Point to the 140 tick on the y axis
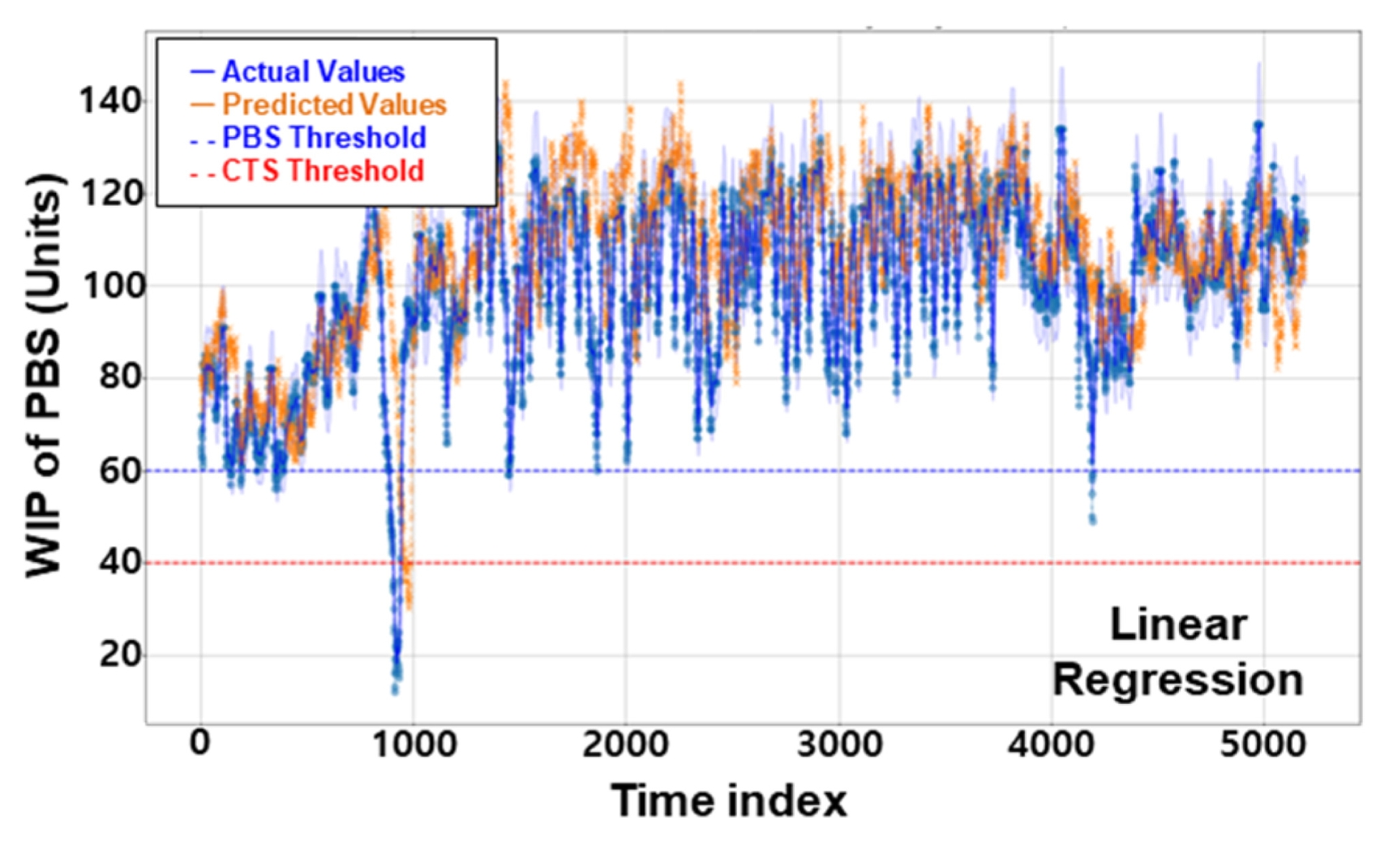[x=111, y=101]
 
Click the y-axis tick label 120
[x=111, y=194]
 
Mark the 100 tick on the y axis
[x=111, y=286]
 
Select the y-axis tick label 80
[x=121, y=378]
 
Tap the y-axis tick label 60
[x=121, y=471]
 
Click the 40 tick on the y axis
[x=121, y=563]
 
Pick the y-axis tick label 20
[x=121, y=655]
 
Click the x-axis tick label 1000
[x=414, y=744]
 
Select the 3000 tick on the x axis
[x=839, y=744]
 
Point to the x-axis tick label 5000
[x=1263, y=744]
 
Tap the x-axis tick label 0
[x=199, y=744]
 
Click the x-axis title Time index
[x=729, y=801]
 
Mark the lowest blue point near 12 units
[x=395, y=690]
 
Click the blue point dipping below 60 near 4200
[x=1092, y=520]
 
